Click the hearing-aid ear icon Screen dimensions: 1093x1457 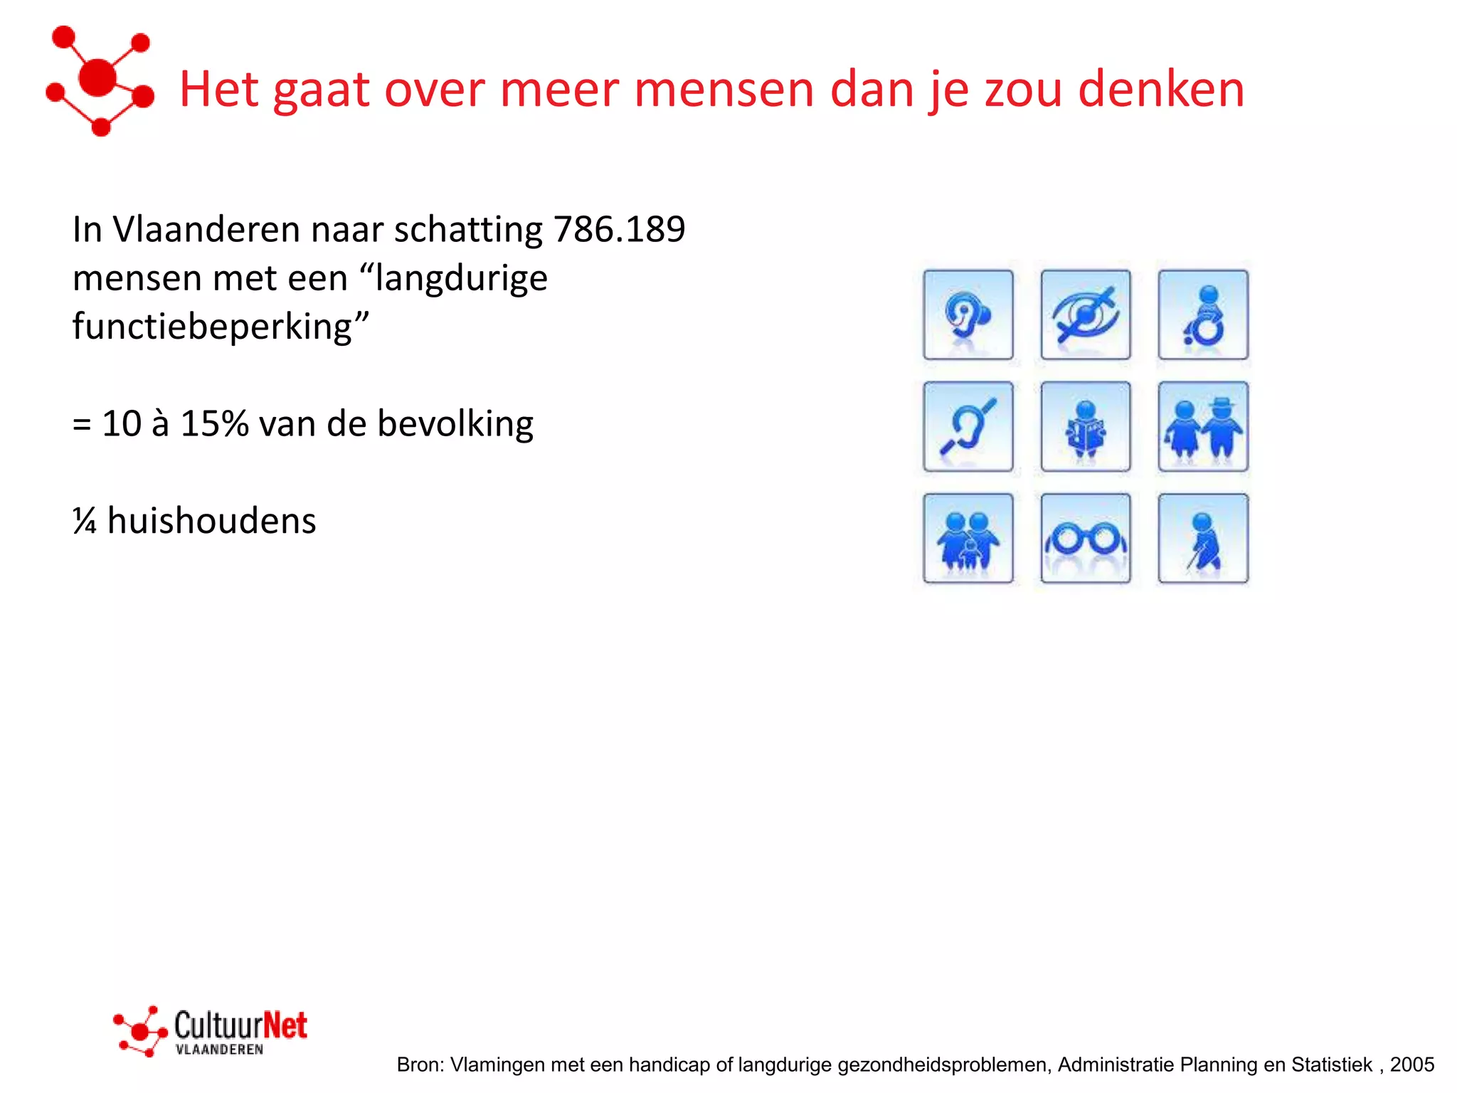(x=968, y=315)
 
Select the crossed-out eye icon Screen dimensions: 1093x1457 (x=1085, y=315)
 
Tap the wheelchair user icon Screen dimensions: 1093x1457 (x=1202, y=315)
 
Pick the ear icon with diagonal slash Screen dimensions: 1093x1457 (x=968, y=426)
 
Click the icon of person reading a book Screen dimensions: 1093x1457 (x=1085, y=426)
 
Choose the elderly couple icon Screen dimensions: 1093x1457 (x=1202, y=426)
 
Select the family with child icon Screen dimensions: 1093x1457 (x=968, y=539)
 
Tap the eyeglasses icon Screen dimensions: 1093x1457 (x=1085, y=539)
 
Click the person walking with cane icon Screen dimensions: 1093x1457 (x=1202, y=539)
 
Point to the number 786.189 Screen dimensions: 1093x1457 (x=619, y=230)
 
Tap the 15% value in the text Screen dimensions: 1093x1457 (x=214, y=424)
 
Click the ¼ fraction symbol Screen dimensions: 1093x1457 (x=85, y=521)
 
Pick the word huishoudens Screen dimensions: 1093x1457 (x=211, y=521)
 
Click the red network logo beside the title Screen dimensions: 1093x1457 (x=100, y=80)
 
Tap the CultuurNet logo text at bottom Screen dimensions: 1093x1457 (x=240, y=1026)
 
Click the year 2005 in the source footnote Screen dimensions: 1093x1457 (x=1412, y=1065)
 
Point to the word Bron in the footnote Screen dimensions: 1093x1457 (x=420, y=1065)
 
